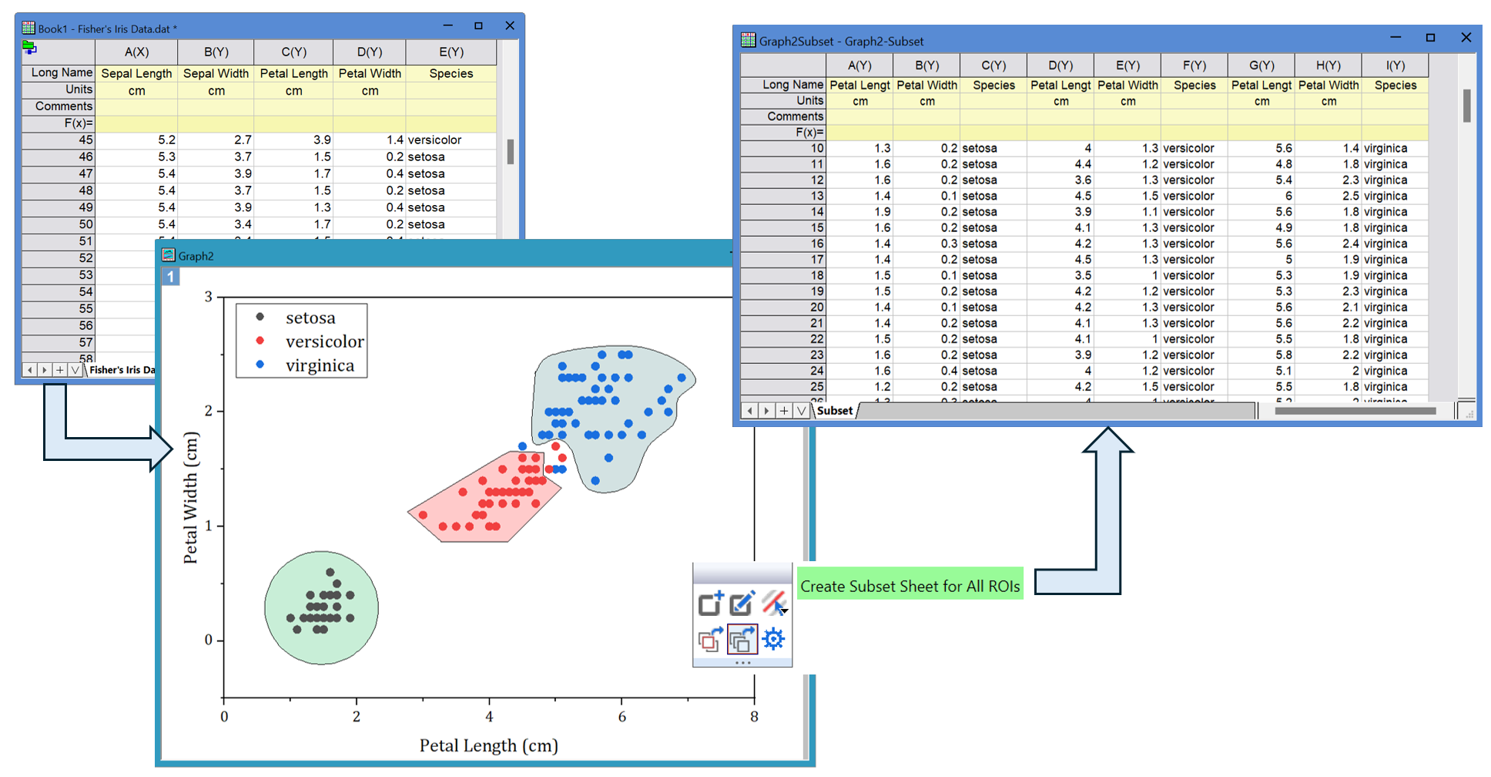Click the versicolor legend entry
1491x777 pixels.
pos(324,341)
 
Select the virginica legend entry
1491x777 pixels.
pos(320,365)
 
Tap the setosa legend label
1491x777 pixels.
pos(310,318)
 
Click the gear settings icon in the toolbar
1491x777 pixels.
pos(773,639)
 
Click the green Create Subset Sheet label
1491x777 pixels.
pos(910,586)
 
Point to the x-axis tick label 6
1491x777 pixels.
pos(622,717)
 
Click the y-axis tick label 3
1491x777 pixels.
pos(208,297)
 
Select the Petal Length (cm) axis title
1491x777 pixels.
pos(488,745)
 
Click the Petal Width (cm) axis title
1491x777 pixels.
pos(190,497)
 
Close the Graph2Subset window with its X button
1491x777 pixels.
pos(1466,38)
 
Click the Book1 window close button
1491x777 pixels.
pos(509,25)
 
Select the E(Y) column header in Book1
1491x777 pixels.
pos(451,52)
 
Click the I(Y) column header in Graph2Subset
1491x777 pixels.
pos(1395,66)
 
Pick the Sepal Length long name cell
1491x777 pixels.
pos(136,73)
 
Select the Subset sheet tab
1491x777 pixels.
pos(835,411)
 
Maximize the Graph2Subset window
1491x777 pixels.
pos(1430,38)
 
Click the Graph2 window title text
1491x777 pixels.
pos(196,256)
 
